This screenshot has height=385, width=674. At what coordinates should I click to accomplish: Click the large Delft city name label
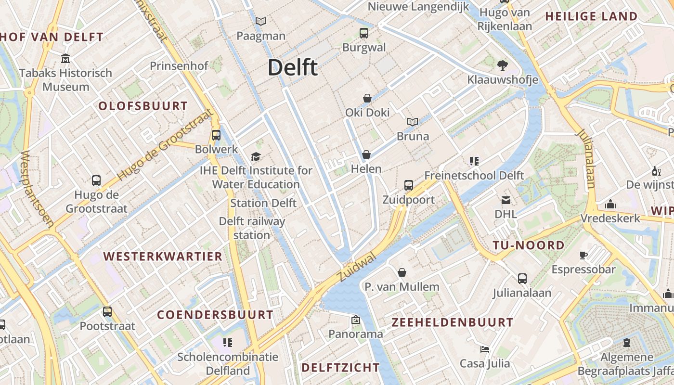pyautogui.click(x=293, y=67)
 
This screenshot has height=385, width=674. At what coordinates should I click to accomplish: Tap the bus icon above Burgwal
pyautogui.click(x=364, y=33)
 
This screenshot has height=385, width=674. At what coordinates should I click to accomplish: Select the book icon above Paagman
pyautogui.click(x=260, y=22)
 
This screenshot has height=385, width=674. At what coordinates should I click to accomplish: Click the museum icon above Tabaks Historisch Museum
pyautogui.click(x=65, y=59)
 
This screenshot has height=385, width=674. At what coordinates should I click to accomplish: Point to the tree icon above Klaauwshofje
pyautogui.click(x=503, y=65)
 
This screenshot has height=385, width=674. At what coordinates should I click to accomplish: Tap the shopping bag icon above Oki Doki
pyautogui.click(x=367, y=98)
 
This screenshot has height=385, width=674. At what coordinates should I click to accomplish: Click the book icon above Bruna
pyautogui.click(x=413, y=122)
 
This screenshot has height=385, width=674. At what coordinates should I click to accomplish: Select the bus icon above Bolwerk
pyautogui.click(x=216, y=135)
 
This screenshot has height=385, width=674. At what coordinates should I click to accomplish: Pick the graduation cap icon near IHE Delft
pyautogui.click(x=256, y=156)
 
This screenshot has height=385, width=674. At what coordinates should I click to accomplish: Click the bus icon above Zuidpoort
pyautogui.click(x=409, y=185)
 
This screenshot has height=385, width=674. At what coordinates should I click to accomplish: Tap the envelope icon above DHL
pyautogui.click(x=505, y=200)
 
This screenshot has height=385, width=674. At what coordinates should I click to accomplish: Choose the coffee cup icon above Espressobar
pyautogui.click(x=583, y=255)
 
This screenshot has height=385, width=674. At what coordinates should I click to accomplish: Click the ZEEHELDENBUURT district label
pyautogui.click(x=453, y=322)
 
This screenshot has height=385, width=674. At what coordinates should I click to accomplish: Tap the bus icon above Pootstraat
pyautogui.click(x=107, y=311)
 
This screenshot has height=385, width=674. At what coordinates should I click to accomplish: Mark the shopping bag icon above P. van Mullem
pyautogui.click(x=402, y=272)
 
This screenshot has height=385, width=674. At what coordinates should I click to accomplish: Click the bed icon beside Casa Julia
pyautogui.click(x=485, y=349)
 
